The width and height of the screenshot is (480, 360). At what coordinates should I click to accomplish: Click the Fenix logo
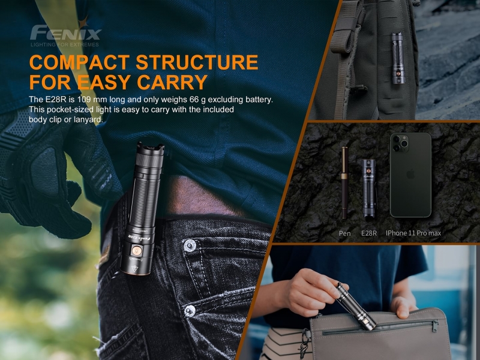point(65,32)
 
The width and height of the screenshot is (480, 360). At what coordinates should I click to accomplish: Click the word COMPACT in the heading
point(80,62)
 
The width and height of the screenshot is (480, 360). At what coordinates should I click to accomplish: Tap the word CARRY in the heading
point(172,82)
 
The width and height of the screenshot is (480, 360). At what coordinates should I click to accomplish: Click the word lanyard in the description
point(88,119)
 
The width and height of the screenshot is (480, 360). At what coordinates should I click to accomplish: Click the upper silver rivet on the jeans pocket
point(188,246)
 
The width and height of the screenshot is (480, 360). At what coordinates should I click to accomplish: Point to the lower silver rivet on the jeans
point(189,310)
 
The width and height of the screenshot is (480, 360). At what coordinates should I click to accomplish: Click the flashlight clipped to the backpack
point(398,58)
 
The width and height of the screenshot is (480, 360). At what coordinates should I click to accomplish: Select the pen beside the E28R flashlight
point(344,182)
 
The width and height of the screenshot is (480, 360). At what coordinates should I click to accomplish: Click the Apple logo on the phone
point(410,175)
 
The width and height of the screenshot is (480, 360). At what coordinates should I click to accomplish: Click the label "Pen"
point(344,233)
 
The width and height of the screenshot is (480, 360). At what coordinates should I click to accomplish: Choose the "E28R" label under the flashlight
point(369,233)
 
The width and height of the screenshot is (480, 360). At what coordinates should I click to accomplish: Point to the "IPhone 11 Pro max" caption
point(413,233)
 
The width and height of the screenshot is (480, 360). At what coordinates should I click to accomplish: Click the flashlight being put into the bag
point(356,307)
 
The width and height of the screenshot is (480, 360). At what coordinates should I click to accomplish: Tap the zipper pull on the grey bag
point(434,326)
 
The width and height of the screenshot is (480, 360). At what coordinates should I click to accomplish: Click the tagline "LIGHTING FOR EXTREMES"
point(65,44)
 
